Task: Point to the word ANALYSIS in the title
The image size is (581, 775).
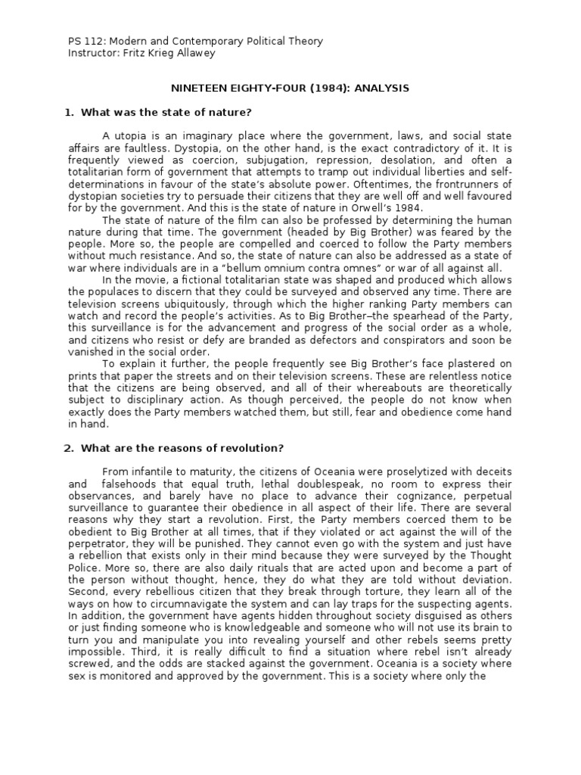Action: [384, 89]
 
